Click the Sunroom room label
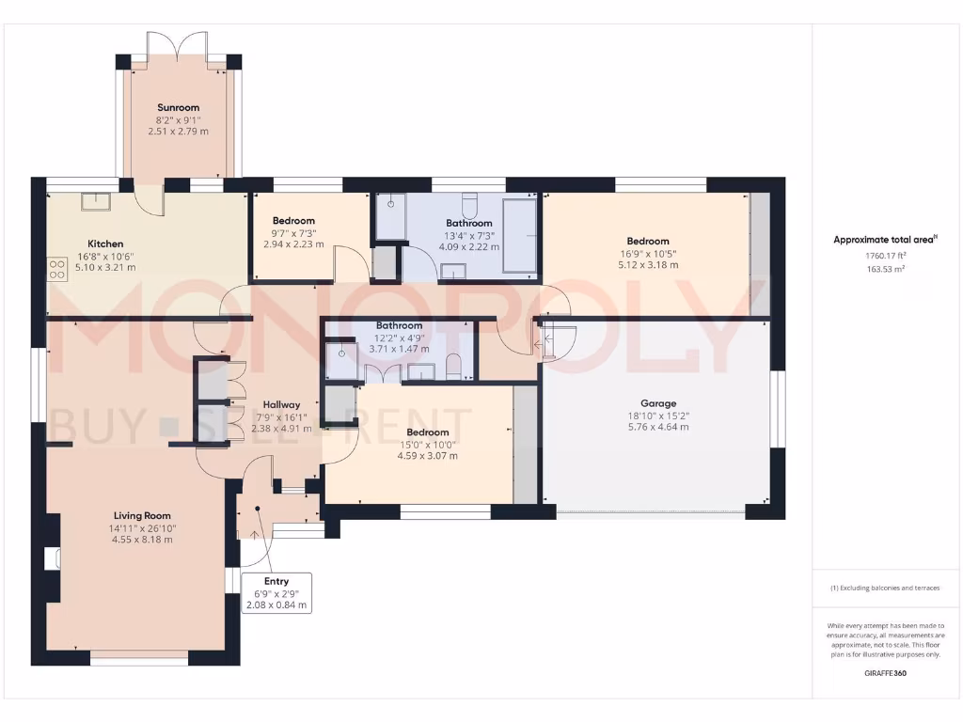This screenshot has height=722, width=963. [178, 107]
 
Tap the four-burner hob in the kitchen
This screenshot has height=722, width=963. [56, 270]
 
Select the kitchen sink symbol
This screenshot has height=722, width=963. [95, 201]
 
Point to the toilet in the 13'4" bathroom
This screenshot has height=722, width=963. [469, 204]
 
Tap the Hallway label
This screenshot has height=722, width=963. [281, 404]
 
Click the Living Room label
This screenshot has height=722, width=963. [142, 515]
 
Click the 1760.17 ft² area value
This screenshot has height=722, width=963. [885, 256]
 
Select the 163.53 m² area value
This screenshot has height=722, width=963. [885, 269]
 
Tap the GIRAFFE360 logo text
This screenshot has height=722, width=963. [885, 673]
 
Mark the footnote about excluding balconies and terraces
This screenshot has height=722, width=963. [885, 588]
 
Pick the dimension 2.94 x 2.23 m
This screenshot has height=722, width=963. [293, 243]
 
